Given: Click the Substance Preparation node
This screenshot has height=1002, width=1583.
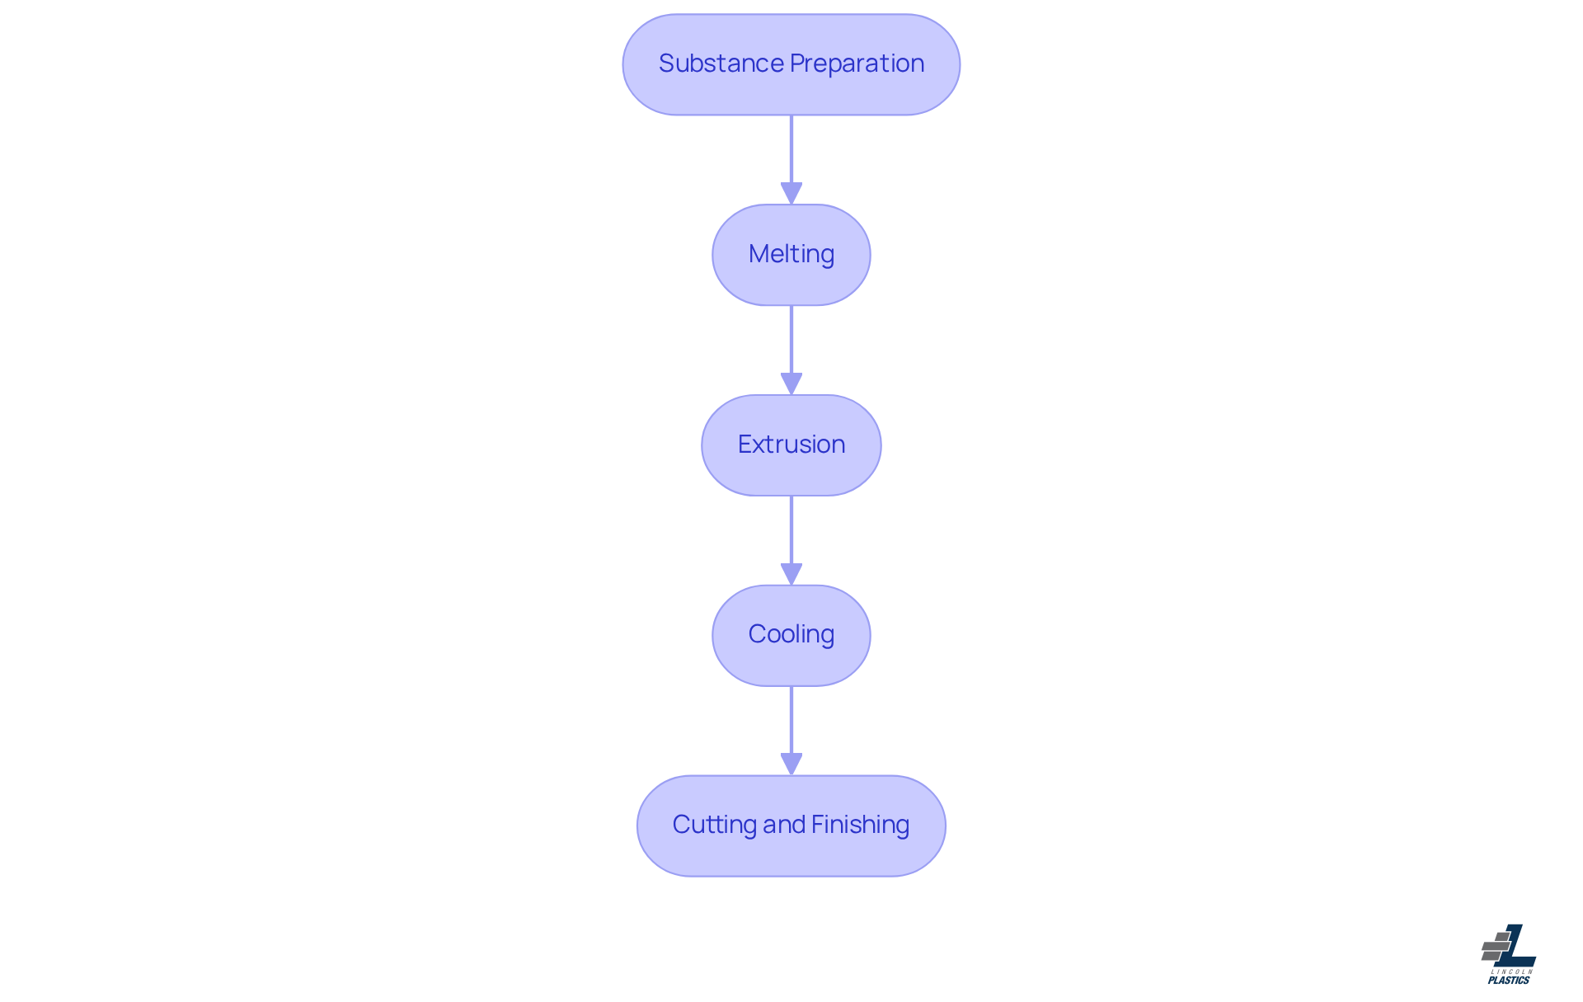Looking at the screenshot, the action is [791, 64].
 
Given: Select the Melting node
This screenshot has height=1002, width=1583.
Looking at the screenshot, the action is [791, 255].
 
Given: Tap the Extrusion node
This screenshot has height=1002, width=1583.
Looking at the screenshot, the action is [791, 445].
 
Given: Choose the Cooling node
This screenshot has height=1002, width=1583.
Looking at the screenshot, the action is [791, 636].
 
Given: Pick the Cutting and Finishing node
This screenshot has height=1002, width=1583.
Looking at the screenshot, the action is [791, 826].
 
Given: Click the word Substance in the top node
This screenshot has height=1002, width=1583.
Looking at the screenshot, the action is [721, 64].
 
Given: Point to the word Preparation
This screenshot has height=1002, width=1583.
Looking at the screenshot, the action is [857, 64].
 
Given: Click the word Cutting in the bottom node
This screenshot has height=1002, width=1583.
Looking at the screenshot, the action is [715, 826].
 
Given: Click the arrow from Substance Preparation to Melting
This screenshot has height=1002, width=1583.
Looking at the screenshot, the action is [791, 160].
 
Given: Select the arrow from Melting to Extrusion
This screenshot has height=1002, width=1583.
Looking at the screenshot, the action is [791, 350].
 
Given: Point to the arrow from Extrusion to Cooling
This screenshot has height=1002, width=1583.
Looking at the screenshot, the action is [791, 541].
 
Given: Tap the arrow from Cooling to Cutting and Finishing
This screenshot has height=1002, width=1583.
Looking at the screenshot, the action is [791, 731].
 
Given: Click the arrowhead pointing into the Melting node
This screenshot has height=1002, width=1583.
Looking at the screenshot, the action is [791, 195].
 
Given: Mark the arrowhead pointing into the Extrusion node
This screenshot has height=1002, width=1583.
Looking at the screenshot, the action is [791, 385].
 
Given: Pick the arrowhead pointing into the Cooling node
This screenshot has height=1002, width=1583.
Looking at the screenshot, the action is [791, 576].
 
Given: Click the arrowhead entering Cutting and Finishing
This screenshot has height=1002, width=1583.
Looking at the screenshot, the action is [791, 765].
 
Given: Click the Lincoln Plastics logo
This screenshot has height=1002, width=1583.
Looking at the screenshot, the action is [1509, 954].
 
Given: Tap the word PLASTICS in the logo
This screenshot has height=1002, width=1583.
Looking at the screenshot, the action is [1509, 981].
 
